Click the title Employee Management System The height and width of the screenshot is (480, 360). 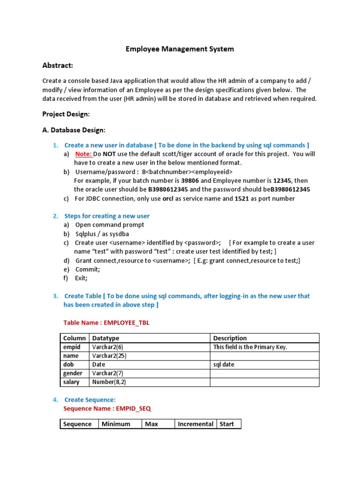coord(180,49)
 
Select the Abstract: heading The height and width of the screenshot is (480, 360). coord(58,65)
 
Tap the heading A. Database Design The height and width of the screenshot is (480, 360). coord(74,130)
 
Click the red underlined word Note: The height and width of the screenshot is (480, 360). coord(83,154)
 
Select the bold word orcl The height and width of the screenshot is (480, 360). coord(168,198)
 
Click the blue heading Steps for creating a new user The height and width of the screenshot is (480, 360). coord(107,216)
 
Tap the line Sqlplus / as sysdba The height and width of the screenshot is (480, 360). coord(102,234)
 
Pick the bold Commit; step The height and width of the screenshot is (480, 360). coord(88,270)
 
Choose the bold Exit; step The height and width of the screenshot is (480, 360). coord(81,278)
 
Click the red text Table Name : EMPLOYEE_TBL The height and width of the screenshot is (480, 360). coord(106,323)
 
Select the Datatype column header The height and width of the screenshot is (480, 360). coord(106,338)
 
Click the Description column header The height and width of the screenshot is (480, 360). coord(230,338)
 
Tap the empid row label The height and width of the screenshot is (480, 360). coord(72,347)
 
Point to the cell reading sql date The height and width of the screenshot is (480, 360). coord(224,364)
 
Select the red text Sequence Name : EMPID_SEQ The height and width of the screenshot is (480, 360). coord(107,409)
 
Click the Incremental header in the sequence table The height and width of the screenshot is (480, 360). coord(195,424)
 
